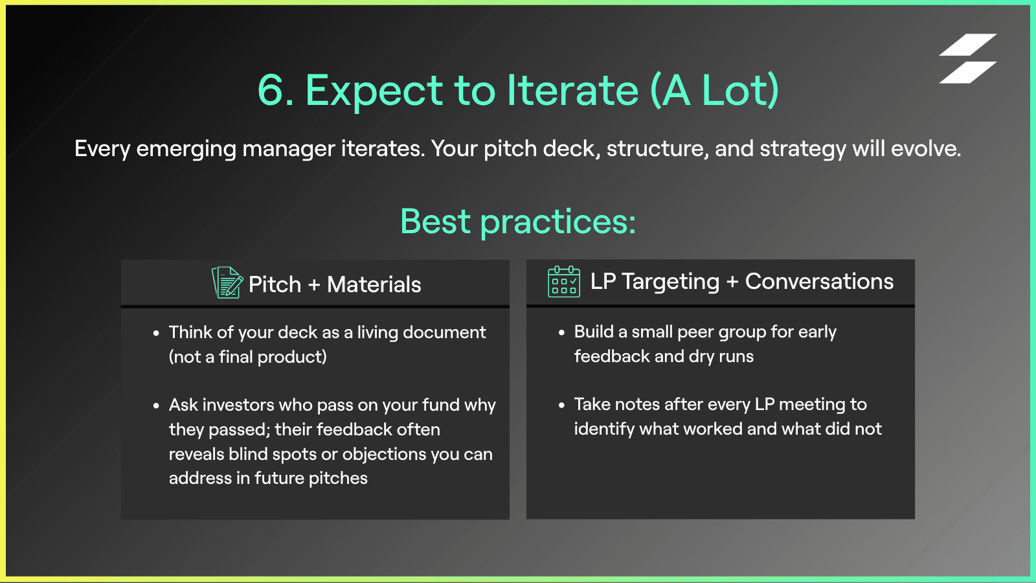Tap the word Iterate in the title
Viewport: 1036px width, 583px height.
[x=573, y=90]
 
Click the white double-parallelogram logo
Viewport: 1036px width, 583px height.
[x=967, y=58]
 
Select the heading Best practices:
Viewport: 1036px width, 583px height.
[x=518, y=222]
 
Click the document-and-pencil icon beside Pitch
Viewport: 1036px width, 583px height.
[x=227, y=282]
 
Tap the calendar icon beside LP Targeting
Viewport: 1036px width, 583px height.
[x=564, y=281]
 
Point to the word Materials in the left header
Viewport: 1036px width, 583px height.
[x=374, y=284]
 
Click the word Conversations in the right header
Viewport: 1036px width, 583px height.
[x=819, y=281]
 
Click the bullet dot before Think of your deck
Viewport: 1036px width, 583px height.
[x=156, y=333]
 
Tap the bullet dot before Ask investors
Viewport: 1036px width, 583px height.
[x=156, y=406]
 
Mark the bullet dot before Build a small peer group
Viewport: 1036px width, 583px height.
[x=561, y=333]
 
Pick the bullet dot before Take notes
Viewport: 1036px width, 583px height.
[x=561, y=406]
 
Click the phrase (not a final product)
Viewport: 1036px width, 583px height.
[x=247, y=357]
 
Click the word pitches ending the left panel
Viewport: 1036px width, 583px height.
[x=338, y=479]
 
